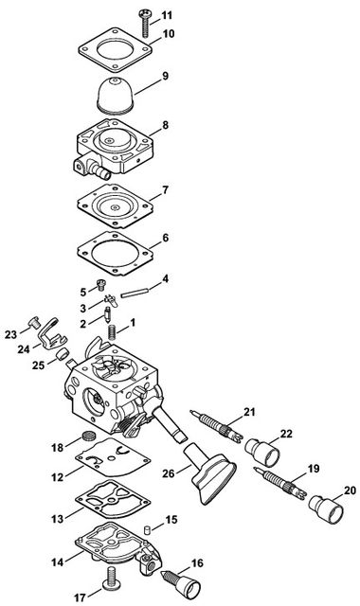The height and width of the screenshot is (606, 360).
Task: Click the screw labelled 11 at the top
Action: (x=144, y=23)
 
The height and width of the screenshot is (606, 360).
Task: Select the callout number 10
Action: (x=169, y=34)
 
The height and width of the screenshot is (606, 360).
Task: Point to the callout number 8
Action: (x=166, y=126)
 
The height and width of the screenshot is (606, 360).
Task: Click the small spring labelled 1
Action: (x=112, y=331)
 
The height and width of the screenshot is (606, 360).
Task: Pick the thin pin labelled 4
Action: (x=135, y=293)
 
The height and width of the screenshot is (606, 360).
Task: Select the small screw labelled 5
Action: (x=101, y=285)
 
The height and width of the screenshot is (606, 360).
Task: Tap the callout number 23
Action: (x=11, y=334)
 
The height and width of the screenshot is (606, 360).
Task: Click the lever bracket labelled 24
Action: (x=53, y=333)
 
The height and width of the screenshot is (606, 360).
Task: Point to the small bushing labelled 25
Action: (x=63, y=353)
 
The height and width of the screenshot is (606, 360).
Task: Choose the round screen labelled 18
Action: (x=89, y=437)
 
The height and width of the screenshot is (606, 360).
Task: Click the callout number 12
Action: (x=58, y=477)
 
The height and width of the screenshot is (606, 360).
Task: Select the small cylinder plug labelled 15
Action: (x=147, y=528)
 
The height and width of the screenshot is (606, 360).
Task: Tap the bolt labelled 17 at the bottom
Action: (x=111, y=579)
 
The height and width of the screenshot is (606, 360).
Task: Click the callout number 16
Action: (x=197, y=563)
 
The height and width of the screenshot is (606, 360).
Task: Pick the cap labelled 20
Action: (x=326, y=508)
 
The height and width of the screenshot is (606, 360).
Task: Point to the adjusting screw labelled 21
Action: (x=217, y=426)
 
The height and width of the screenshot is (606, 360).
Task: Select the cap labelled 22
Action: (x=262, y=452)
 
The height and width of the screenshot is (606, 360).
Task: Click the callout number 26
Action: (x=169, y=473)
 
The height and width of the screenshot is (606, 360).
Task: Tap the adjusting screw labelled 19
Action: (x=280, y=483)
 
